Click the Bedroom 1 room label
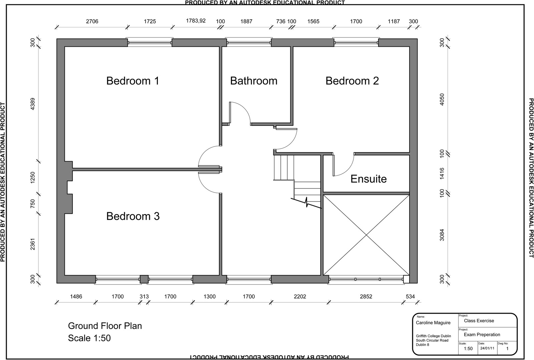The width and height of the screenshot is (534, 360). [x=132, y=81]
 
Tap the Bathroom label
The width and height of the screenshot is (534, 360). [x=254, y=81]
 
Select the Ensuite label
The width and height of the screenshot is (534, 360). [x=368, y=179]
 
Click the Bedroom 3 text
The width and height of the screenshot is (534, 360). [x=133, y=216]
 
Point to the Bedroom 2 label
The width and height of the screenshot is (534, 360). [x=352, y=81]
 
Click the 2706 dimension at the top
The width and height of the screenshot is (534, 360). [x=92, y=21]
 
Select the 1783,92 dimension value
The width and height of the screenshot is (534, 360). [x=196, y=21]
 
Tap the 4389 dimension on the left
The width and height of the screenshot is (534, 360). [x=32, y=104]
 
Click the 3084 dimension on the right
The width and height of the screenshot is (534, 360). [x=442, y=235]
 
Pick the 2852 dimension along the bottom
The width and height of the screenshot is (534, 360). [x=366, y=296]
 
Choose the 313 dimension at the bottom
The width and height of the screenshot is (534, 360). [x=144, y=296]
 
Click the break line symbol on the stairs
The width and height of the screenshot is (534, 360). [x=306, y=203]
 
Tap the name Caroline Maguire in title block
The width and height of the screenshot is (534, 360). [x=433, y=323]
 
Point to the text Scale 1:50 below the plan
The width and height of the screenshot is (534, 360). [x=89, y=338]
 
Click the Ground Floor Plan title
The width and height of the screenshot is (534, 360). [x=105, y=326]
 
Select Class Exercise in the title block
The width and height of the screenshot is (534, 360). [x=479, y=321]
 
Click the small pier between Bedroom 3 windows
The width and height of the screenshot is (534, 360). [x=144, y=279]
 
